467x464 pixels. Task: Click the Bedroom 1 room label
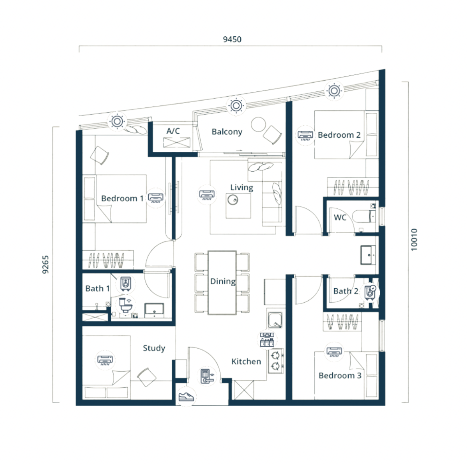pyautogui.click(x=122, y=198)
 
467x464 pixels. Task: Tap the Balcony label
pyautogui.click(x=227, y=132)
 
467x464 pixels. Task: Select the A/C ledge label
pyautogui.click(x=173, y=131)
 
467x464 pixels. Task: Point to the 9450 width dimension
pyautogui.click(x=232, y=39)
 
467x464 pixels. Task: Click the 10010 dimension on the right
pyautogui.click(x=414, y=240)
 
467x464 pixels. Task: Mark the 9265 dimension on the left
pyautogui.click(x=45, y=264)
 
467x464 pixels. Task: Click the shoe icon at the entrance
pyautogui.click(x=186, y=397)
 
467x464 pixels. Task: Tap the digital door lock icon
pyautogui.click(x=207, y=376)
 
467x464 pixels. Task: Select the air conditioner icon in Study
pyautogui.click(x=105, y=360)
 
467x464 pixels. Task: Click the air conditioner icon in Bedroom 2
pyautogui.click(x=305, y=135)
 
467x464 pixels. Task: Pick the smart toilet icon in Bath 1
pyautogui.click(x=126, y=305)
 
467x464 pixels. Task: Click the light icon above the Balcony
pyautogui.click(x=236, y=105)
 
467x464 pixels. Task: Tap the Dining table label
pyautogui.click(x=223, y=282)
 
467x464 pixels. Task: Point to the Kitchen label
pyautogui.click(x=246, y=361)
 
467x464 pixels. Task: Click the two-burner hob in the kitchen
pyautogui.click(x=276, y=361)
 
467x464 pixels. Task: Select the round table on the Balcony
pyautogui.click(x=258, y=124)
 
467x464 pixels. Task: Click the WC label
pyautogui.click(x=340, y=218)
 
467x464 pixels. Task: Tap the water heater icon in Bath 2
pyautogui.click(x=370, y=292)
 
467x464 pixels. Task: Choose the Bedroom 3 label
pyautogui.click(x=340, y=375)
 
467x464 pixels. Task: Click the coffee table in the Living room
pyautogui.click(x=238, y=206)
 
